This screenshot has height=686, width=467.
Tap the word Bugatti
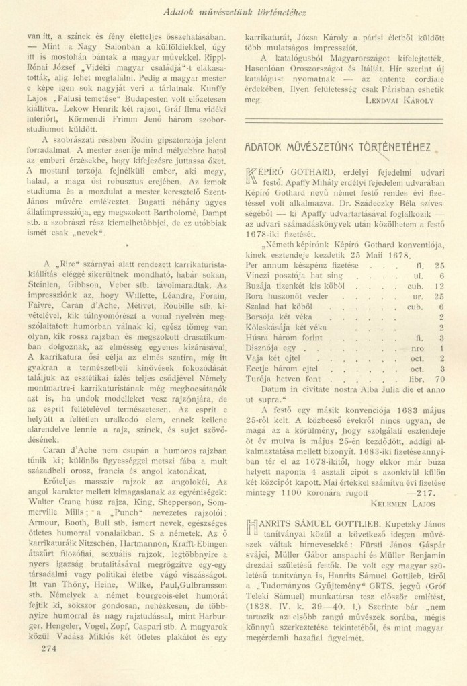click(x=149, y=200)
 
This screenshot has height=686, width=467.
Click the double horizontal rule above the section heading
click(x=343, y=122)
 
